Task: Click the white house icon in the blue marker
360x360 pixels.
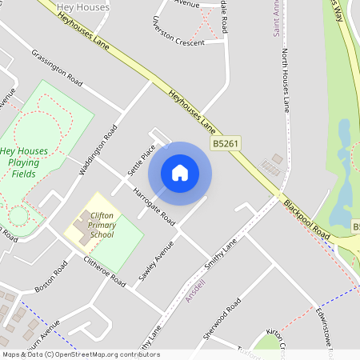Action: coord(180,172)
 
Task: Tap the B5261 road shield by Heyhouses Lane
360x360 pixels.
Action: coord(226,145)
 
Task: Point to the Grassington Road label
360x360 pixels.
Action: coord(58,69)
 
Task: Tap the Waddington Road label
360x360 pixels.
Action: coord(98,150)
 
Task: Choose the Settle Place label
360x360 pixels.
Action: coord(141,161)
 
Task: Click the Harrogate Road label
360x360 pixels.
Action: coord(154,206)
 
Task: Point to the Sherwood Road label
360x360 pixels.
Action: coord(222,318)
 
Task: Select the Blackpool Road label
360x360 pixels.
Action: coord(306,219)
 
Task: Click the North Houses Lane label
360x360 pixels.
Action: coord(284,81)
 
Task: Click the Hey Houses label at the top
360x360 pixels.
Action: coord(84,6)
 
